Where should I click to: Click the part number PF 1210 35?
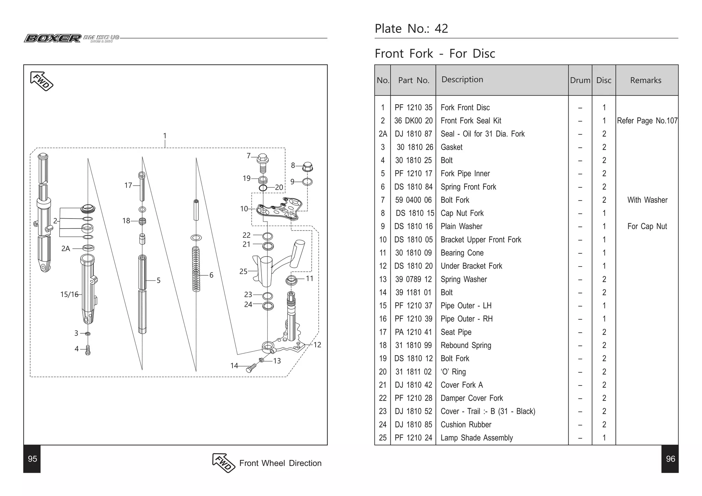pos(413,108)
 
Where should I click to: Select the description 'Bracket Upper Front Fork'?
pos(481,240)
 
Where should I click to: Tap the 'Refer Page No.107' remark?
pos(647,121)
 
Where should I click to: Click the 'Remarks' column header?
pos(646,80)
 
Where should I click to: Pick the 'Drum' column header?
pos(580,80)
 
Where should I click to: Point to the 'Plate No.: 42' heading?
pos(411,29)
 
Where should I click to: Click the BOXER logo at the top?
pos(52,38)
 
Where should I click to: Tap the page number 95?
pos(32,459)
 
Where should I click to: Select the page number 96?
pos(670,459)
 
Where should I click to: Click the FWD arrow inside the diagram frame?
pos(42,81)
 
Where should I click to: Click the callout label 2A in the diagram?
pos(65,249)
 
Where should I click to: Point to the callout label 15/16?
pos(69,295)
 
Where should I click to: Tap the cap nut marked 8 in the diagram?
pos(307,167)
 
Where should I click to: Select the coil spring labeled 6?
pos(196,269)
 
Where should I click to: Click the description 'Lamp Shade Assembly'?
pos(476,438)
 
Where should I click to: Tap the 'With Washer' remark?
pos(647,200)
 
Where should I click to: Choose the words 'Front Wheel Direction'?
pos(280,463)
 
